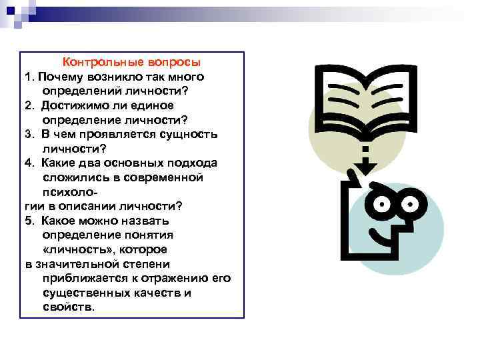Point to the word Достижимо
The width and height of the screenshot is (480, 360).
click(71, 105)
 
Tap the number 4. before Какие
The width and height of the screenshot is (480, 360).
click(30, 163)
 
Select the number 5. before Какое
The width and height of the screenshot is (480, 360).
click(30, 220)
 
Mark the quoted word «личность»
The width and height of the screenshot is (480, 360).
click(74, 249)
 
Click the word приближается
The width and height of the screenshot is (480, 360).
click(79, 277)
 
